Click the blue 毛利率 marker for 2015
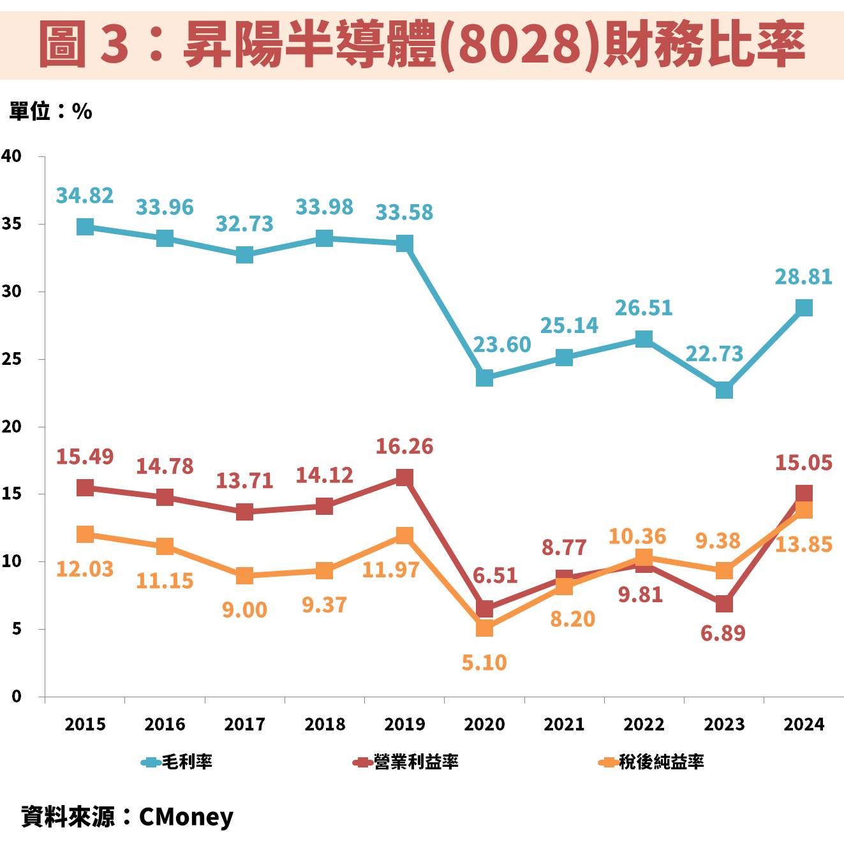coord(85,226)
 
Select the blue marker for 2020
coord(484,378)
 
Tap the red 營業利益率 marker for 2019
coord(404,477)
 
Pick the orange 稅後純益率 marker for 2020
coord(484,628)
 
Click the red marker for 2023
coord(724,603)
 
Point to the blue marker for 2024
coord(804,307)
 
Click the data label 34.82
coord(85,195)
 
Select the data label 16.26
coord(404,447)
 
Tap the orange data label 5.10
coord(484,663)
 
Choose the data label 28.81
coord(804,277)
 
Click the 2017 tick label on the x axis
coord(244,725)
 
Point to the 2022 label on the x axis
coord(644,725)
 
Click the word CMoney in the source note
coord(186,817)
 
